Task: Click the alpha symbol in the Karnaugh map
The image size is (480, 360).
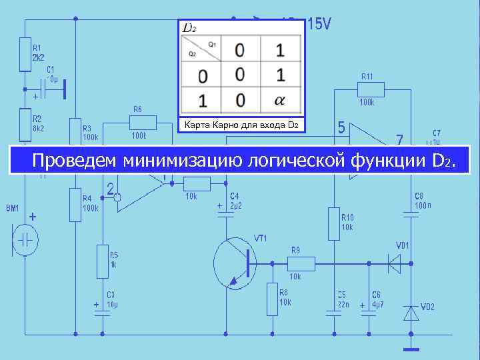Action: (279, 100)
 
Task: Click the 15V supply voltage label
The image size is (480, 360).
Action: (318, 25)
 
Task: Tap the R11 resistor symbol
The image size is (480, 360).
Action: (371, 89)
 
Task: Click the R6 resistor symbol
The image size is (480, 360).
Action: (142, 122)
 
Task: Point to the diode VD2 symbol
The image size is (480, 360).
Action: (411, 312)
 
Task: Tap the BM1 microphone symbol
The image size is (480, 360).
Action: (25, 240)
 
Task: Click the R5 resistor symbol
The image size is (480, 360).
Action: (102, 259)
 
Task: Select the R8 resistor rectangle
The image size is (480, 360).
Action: (271, 299)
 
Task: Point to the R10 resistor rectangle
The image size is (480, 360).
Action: (333, 223)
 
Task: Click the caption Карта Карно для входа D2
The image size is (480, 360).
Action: (240, 125)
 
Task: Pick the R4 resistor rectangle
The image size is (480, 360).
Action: (75, 204)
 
